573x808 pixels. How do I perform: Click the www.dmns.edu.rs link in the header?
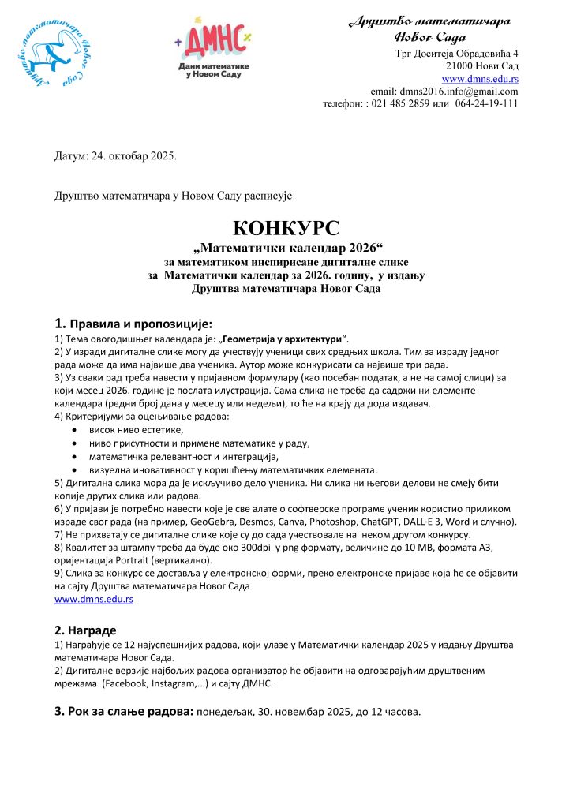(x=480, y=79)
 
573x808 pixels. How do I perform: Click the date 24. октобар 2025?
(x=136, y=155)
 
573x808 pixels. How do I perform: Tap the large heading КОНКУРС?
(x=286, y=230)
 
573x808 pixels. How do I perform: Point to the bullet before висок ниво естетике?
(x=74, y=430)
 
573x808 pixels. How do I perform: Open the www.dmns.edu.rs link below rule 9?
(x=93, y=600)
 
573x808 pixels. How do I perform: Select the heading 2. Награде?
(x=85, y=630)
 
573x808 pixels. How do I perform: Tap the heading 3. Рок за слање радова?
(x=123, y=712)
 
